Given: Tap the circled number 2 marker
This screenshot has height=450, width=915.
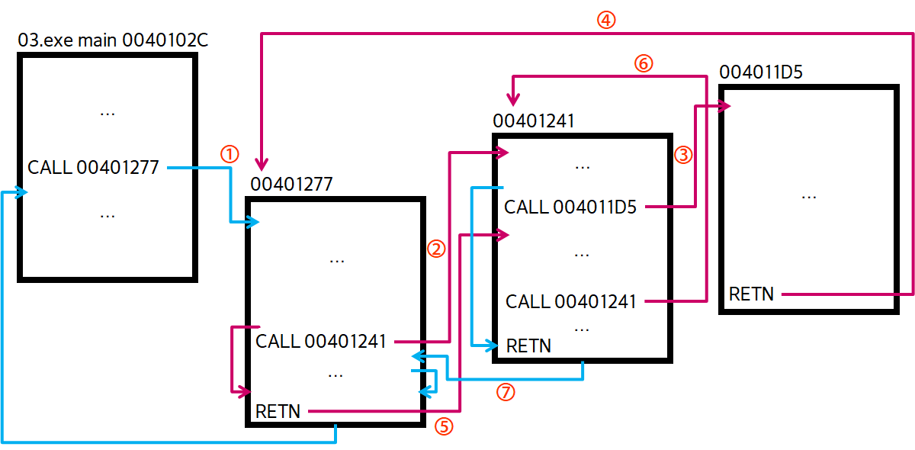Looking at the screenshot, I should (435, 249).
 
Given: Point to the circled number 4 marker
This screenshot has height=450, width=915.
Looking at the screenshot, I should (605, 21).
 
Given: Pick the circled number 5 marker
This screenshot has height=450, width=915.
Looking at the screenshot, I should (443, 426).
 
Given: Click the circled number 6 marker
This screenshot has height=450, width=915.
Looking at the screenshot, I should (643, 64).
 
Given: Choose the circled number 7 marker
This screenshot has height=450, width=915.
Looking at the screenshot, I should (505, 393).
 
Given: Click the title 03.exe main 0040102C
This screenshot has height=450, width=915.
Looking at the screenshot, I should (113, 40).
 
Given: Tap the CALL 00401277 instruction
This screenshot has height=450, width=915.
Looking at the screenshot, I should (93, 167).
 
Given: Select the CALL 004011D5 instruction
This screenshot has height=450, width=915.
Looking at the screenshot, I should (570, 207).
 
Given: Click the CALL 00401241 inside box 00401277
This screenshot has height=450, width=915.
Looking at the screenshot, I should (321, 341).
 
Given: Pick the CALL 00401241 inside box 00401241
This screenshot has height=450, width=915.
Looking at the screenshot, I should (571, 301).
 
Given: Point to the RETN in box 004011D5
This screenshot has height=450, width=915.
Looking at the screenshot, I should (751, 294).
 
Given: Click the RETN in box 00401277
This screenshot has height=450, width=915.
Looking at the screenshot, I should (278, 412).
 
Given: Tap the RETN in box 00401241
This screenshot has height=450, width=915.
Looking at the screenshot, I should (528, 346).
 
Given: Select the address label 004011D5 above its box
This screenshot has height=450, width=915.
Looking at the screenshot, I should (761, 73).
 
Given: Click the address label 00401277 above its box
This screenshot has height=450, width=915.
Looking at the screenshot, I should (291, 184).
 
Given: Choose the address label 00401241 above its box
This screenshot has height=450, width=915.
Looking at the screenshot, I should (534, 121).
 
